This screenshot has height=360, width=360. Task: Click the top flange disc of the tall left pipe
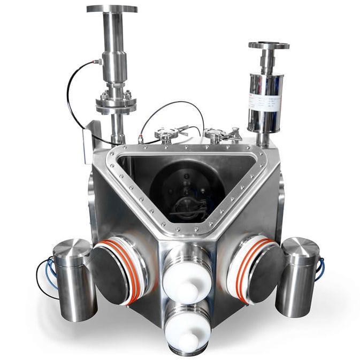coord(112,9)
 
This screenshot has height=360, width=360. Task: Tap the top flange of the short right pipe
coord(269,45)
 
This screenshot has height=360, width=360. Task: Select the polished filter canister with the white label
coord(266,102)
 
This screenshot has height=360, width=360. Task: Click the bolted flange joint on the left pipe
coord(116,102)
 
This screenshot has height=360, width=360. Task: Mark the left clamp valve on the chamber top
coord(167,134)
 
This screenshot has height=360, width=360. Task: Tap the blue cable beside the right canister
coord(321,268)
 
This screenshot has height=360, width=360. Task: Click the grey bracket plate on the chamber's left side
coord(89,142)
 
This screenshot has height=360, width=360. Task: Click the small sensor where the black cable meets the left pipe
coord(98,62)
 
